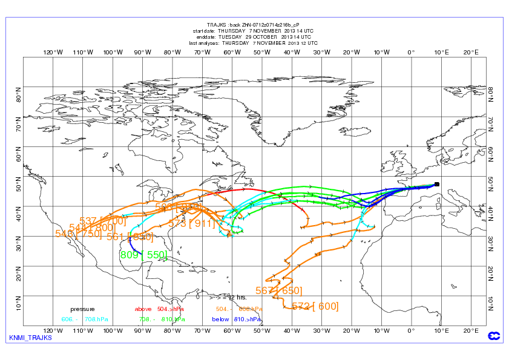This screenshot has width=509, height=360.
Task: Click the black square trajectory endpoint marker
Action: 437,184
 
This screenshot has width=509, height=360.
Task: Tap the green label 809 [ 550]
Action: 143,255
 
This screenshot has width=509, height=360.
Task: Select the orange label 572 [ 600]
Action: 315,306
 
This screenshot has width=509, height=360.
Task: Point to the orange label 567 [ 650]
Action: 278,291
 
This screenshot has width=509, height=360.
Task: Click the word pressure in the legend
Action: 82,309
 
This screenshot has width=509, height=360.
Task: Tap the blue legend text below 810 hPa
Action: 237,319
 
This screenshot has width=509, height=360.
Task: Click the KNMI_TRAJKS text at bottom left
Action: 31,338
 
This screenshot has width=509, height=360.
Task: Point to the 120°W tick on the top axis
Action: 53,52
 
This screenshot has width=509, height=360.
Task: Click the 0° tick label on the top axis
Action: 411,52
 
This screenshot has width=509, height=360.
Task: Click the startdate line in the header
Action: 253,30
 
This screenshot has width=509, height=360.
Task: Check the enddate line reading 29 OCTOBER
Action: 253,37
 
